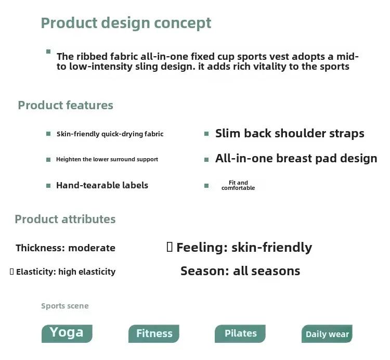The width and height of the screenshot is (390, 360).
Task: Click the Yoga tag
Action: (x=67, y=333)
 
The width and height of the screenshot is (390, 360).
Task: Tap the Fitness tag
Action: (x=154, y=333)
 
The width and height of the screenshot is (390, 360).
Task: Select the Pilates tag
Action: (x=240, y=333)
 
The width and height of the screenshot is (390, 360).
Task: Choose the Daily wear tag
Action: (x=327, y=333)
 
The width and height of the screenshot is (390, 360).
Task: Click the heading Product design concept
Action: (x=126, y=23)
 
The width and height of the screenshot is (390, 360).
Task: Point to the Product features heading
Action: (x=66, y=105)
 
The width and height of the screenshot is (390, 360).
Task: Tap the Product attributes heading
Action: (x=65, y=219)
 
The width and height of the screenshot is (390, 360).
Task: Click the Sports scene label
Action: (x=64, y=306)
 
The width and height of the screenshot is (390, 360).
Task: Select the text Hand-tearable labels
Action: (x=102, y=185)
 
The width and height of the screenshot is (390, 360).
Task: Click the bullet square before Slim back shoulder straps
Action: (x=206, y=134)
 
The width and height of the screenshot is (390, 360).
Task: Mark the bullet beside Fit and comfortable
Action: (x=206, y=186)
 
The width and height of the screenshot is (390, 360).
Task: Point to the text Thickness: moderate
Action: (x=66, y=248)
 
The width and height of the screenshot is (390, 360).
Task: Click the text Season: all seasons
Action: (x=240, y=271)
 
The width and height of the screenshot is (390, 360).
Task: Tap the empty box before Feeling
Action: (x=170, y=247)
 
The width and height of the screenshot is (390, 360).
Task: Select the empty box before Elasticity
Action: (x=11, y=272)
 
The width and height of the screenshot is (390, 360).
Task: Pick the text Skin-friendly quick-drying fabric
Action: (x=110, y=134)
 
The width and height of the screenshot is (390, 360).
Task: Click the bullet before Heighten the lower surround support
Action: (x=48, y=160)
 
